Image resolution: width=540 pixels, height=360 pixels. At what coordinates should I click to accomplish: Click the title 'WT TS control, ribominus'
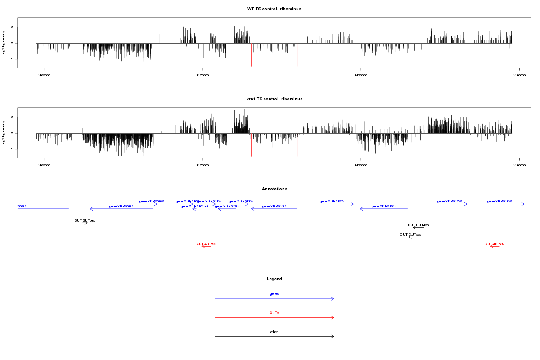tap(274, 9)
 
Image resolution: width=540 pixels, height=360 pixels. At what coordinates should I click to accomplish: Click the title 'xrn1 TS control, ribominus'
tap(274, 99)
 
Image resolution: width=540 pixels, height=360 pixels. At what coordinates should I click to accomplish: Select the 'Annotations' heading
tap(274, 189)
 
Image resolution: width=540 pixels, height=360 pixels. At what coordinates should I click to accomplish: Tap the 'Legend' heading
tap(274, 279)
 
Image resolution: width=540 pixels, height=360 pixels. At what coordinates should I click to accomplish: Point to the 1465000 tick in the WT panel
tap(44, 68)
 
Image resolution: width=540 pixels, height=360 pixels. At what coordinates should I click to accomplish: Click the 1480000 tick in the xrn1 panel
tap(519, 158)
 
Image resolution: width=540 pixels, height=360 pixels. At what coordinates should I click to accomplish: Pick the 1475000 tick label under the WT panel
tap(361, 75)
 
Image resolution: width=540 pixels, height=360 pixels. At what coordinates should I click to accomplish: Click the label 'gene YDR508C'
tap(121, 207)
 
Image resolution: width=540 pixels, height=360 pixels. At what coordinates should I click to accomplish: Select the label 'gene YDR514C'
tap(274, 207)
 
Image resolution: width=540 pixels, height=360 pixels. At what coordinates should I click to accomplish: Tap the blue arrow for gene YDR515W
tap(332, 204)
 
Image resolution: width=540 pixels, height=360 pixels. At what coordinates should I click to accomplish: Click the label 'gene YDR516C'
tap(383, 207)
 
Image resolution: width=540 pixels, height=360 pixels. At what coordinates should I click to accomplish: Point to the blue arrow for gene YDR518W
tap(499, 204)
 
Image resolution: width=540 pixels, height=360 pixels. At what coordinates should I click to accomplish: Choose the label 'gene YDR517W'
tap(450, 202)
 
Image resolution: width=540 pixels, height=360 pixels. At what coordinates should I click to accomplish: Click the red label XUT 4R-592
tap(207, 244)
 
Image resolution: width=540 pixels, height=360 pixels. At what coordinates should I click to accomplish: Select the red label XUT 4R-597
tap(495, 244)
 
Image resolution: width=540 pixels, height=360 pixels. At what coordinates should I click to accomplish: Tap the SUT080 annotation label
tap(85, 221)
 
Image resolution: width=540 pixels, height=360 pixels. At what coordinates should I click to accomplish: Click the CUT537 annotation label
tap(410, 235)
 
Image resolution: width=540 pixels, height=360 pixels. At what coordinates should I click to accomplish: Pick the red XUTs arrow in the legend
tap(274, 318)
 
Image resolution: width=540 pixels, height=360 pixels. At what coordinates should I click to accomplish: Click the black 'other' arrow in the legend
tap(274, 337)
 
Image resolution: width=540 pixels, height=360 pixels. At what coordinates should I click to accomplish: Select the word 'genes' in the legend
tap(274, 294)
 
